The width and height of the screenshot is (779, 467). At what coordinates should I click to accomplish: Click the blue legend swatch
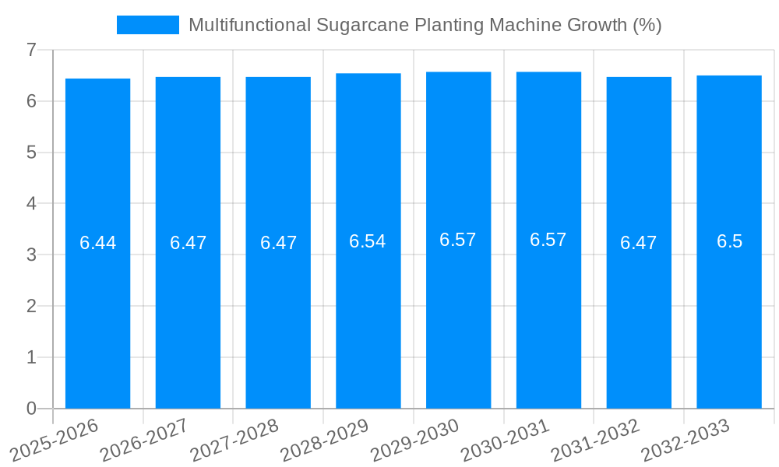[147, 25]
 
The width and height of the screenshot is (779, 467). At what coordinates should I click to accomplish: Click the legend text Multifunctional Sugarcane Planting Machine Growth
[425, 25]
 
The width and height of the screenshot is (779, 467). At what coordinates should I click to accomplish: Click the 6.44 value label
[97, 243]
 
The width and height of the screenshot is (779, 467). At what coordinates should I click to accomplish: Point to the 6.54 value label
[368, 241]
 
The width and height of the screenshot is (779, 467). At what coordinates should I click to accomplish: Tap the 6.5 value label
[729, 241]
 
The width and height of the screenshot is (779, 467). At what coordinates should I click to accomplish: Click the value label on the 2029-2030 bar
[458, 240]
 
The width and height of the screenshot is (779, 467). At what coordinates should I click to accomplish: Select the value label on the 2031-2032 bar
[639, 243]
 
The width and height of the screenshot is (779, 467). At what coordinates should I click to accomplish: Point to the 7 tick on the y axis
[31, 50]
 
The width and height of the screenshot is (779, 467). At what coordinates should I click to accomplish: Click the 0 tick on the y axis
[31, 409]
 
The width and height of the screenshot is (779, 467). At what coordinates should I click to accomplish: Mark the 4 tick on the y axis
[31, 204]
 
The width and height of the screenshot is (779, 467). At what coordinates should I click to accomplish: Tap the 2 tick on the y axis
[31, 306]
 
